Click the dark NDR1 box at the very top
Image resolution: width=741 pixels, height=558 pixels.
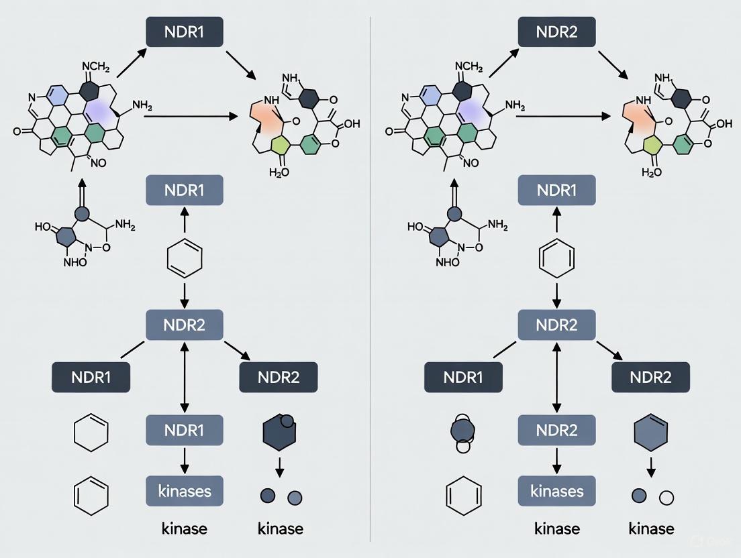pos(185,32)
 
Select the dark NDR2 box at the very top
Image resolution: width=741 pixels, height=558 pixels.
pos(557,32)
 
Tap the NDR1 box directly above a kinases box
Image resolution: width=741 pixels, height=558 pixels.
pos(185,431)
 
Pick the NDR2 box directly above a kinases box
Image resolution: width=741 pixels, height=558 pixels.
pos(557,431)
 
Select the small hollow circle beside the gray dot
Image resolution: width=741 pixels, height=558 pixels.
pos(666,497)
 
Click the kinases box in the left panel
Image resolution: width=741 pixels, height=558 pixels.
pos(185,490)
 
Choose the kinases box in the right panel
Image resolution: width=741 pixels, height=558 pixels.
pos(557,490)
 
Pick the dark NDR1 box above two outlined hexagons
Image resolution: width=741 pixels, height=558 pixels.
pos(91,377)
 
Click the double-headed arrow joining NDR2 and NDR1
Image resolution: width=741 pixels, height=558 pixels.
pos(185,378)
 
